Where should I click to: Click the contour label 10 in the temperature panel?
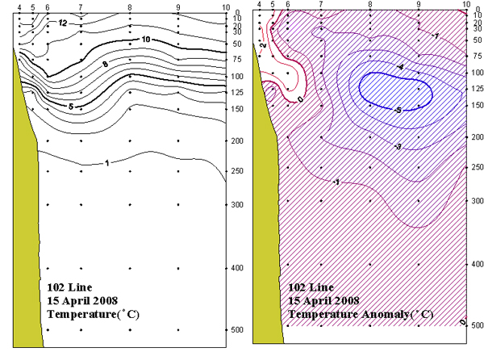(x=146, y=39)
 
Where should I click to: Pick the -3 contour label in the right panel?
(x=374, y=148)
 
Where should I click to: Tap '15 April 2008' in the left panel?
(x=76, y=299)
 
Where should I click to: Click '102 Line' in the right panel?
(x=310, y=287)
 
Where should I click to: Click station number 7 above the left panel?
(x=80, y=6)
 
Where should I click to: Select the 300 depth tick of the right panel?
(x=476, y=199)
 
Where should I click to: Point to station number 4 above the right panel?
(x=259, y=6)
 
